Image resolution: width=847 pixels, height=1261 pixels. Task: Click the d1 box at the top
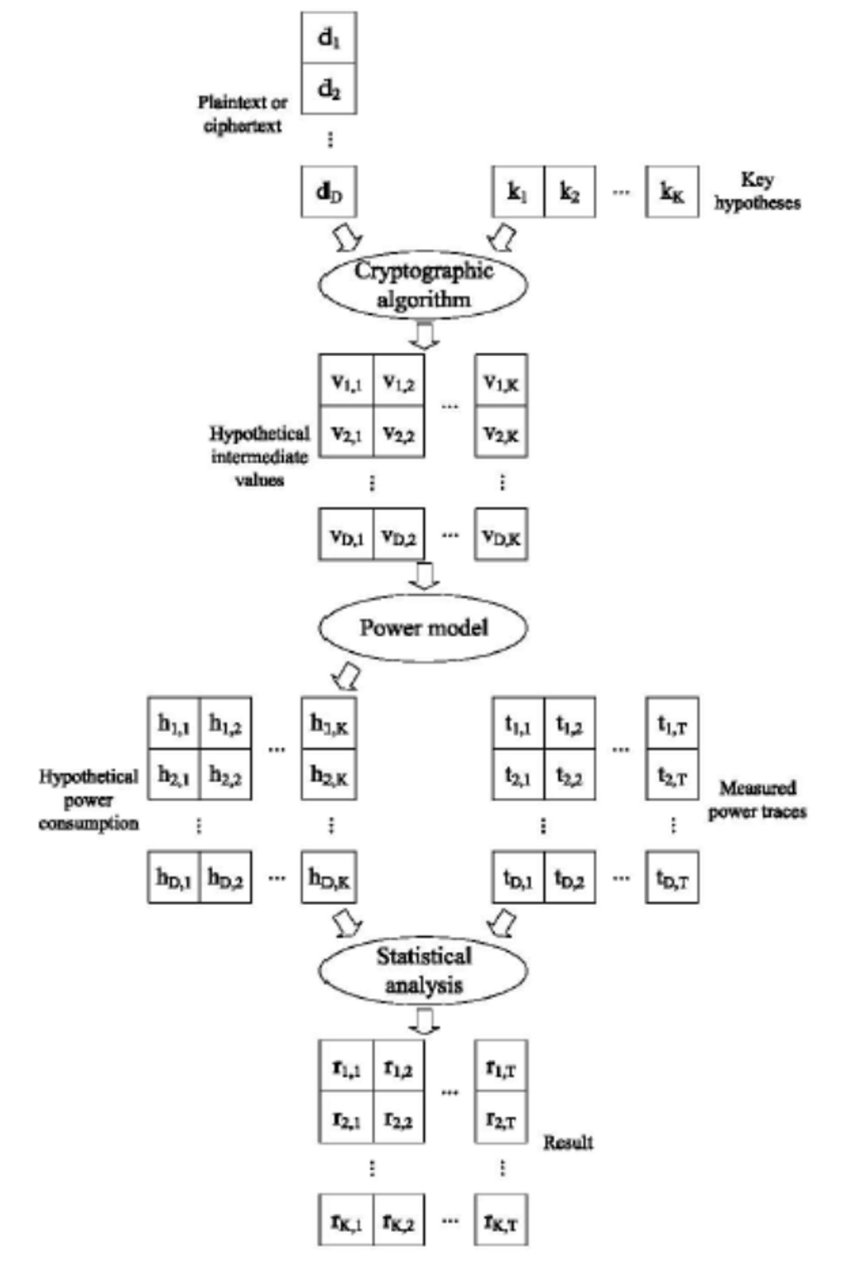pos(329,38)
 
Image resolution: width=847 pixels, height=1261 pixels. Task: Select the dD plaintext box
pos(329,192)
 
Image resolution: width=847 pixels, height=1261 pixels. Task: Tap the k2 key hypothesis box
pos(570,192)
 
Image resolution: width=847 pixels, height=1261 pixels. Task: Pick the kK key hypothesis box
pos(672,192)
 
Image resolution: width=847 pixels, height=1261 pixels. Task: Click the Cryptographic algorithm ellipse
pos(423,285)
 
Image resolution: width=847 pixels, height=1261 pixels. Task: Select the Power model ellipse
pos(423,627)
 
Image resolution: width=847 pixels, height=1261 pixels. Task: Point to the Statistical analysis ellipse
pos(423,971)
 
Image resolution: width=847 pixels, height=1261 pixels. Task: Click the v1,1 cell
pos(346,382)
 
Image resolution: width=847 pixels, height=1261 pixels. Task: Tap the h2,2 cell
pos(225,775)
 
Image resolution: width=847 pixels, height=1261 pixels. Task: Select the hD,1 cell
pos(174,878)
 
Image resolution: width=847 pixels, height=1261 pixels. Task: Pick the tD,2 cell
pos(570,878)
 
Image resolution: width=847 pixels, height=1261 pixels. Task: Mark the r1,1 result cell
pos(346,1067)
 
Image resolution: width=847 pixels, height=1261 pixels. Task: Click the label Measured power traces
pos(757,799)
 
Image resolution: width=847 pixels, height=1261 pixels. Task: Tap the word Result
pos(568,1142)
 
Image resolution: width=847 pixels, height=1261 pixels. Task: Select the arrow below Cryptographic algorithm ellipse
pos(424,335)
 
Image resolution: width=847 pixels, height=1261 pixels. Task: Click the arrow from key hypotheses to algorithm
pos(502,236)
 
